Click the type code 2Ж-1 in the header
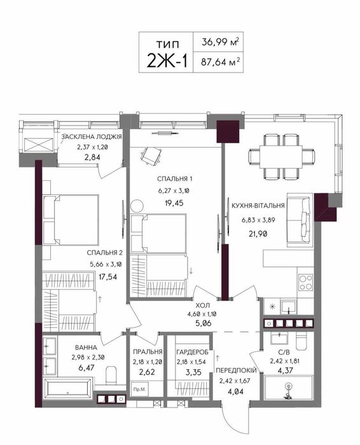167,60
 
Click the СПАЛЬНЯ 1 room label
175,179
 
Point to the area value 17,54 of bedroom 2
107,276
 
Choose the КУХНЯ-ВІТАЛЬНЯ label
258,206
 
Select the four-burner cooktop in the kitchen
305,282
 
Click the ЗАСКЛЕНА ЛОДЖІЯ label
92,136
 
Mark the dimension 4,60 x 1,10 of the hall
202,314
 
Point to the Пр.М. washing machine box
139,390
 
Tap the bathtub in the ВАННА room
68,388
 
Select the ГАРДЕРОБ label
192,352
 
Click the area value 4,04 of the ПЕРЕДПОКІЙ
235,392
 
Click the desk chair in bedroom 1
151,156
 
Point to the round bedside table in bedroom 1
137,206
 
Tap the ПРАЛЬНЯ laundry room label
148,352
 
